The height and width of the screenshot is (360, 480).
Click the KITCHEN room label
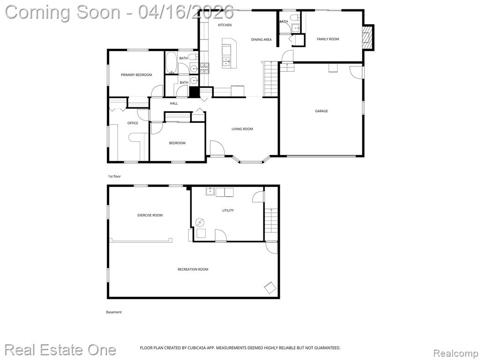point(225,25)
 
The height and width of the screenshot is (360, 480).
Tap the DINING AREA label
point(261,39)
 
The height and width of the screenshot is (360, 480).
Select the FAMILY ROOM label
point(328,39)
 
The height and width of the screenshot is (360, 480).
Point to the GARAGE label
point(322,111)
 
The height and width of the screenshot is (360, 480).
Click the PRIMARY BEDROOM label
point(136,75)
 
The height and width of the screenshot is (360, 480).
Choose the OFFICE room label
point(133,123)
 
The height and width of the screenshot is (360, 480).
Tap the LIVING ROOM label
point(242,129)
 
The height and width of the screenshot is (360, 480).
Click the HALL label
point(174,104)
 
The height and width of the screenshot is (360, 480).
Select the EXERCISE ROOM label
point(150,216)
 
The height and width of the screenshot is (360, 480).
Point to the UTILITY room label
point(228,210)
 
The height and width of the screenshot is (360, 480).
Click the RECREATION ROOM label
point(193,270)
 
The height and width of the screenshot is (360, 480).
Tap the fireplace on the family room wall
point(368,37)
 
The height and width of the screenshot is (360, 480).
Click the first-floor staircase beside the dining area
point(270,79)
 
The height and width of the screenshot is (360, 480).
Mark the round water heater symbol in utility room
point(200,222)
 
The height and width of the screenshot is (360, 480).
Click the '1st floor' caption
point(114,177)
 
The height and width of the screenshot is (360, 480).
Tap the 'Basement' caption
point(114,312)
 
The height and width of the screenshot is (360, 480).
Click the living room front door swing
point(217,148)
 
